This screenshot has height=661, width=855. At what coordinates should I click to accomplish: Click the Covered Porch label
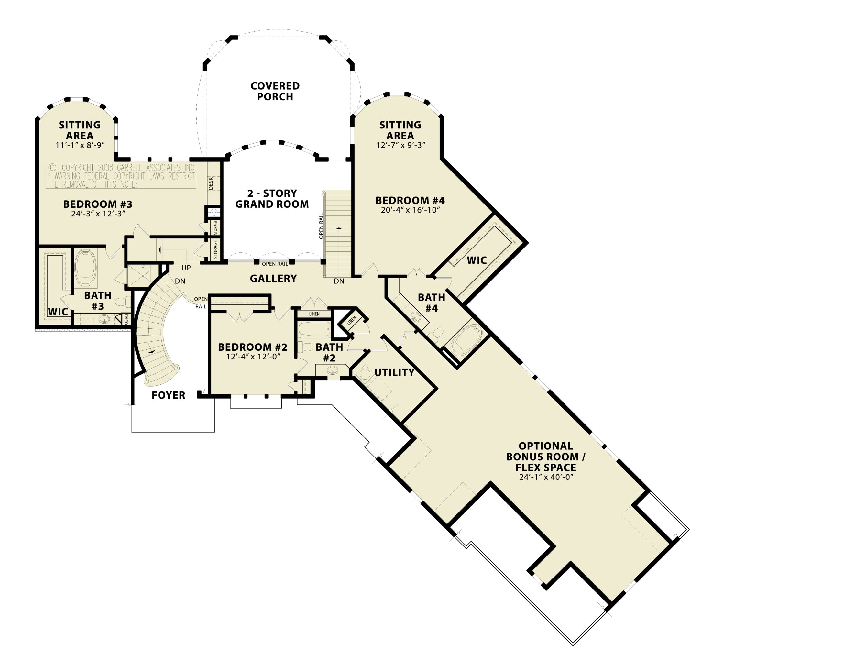point(275,91)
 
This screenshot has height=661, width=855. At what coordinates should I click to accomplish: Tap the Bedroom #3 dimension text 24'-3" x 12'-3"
point(98,214)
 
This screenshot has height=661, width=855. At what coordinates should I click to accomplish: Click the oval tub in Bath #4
point(466,340)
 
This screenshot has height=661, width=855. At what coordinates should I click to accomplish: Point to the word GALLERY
point(273,279)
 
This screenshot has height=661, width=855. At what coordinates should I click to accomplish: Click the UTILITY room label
point(394,372)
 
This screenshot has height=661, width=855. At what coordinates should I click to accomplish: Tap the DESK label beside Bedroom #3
point(211,183)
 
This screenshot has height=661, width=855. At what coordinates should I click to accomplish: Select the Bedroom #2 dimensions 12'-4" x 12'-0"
point(253,357)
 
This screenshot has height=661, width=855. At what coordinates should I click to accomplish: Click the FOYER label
point(168,395)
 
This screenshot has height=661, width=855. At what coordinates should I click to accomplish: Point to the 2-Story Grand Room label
point(272,199)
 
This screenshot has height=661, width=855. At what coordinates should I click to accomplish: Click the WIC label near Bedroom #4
point(477,260)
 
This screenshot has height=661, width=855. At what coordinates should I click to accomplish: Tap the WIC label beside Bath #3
point(58,312)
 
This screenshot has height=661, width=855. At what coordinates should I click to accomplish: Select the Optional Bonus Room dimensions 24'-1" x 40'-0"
point(546,477)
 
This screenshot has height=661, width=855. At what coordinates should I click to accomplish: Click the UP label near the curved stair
point(186,268)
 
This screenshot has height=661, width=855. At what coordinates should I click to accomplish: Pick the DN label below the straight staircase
point(339,281)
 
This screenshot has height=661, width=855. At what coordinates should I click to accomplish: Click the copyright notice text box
point(121,176)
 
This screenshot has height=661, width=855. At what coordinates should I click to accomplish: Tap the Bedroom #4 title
point(410,201)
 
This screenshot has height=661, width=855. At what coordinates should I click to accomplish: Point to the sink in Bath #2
point(332,370)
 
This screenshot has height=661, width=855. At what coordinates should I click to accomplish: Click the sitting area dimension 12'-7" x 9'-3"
point(400,145)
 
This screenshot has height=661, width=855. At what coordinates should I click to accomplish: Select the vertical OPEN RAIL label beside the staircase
point(321,226)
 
